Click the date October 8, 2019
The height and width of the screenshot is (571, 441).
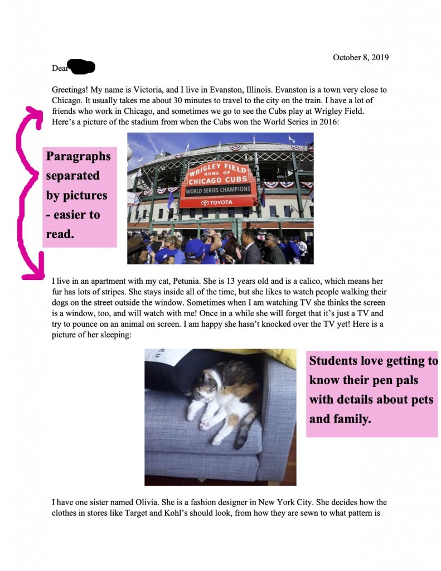coord(361,57)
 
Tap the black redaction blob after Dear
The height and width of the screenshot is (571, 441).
coord(81,67)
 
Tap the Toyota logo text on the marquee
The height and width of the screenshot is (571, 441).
coord(217,202)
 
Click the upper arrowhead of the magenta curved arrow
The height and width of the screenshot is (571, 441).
coord(35,113)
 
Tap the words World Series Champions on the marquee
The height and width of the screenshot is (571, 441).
coord(217,191)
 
